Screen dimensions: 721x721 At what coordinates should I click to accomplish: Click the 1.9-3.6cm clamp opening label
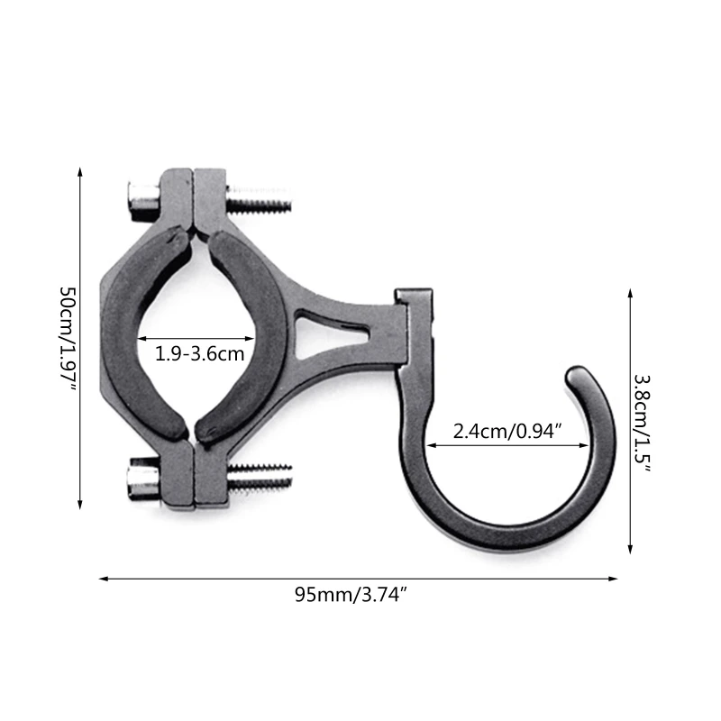tap(200, 353)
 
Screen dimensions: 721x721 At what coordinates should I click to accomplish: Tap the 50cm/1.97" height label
tap(67, 339)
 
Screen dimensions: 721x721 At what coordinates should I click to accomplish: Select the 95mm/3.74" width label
tap(359, 594)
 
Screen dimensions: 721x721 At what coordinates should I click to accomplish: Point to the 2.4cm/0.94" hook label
tap(507, 431)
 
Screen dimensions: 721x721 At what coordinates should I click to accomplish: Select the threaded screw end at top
tap(261, 198)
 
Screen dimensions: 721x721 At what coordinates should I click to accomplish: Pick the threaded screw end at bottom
tap(261, 478)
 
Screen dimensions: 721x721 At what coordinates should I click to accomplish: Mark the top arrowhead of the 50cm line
tap(81, 171)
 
